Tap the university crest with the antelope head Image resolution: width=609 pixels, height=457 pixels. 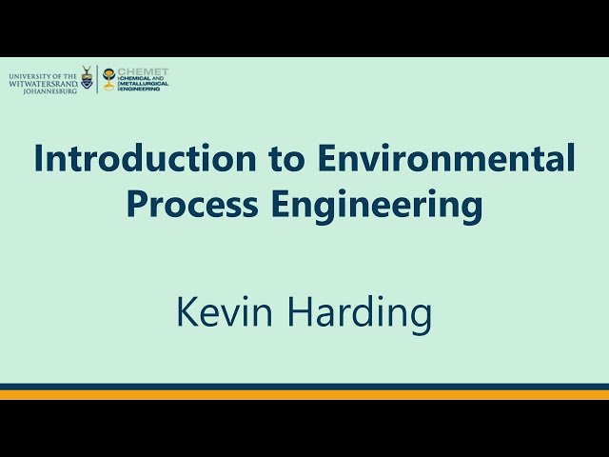[87, 78]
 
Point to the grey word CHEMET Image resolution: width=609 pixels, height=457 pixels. [142, 71]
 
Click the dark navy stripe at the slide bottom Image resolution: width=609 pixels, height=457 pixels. [304, 387]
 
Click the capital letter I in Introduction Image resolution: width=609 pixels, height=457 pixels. [38, 157]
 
